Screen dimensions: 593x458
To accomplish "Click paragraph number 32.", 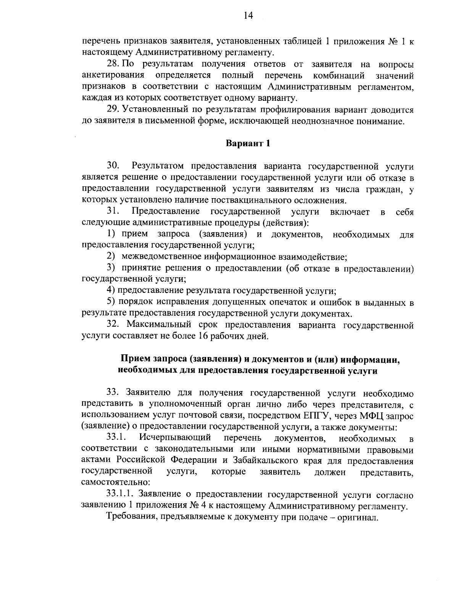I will (x=113, y=325).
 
